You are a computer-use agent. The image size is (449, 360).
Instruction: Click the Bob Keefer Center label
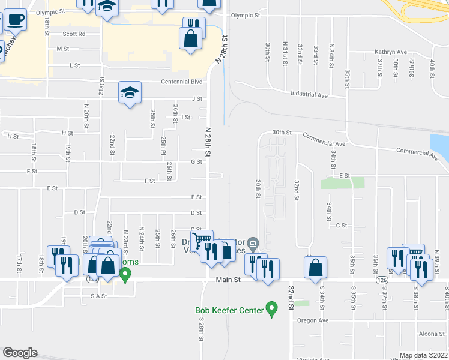tap(229, 310)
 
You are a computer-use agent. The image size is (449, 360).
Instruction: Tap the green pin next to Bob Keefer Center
tap(271, 310)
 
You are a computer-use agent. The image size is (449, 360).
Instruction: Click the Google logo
tap(19, 353)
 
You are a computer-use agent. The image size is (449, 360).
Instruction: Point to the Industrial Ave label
tap(309, 95)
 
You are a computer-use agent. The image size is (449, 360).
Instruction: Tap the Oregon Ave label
tap(313, 320)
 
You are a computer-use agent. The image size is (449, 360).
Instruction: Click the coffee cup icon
tap(16, 20)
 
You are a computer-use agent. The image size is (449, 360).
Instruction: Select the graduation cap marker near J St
tap(130, 92)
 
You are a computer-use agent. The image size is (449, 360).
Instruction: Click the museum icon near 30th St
tap(253, 243)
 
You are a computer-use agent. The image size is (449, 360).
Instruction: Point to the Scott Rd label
tap(74, 34)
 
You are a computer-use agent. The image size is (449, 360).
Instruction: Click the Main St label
tap(228, 280)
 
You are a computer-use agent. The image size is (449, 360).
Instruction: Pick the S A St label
tap(98, 296)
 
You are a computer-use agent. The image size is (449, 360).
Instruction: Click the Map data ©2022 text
tap(423, 355)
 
